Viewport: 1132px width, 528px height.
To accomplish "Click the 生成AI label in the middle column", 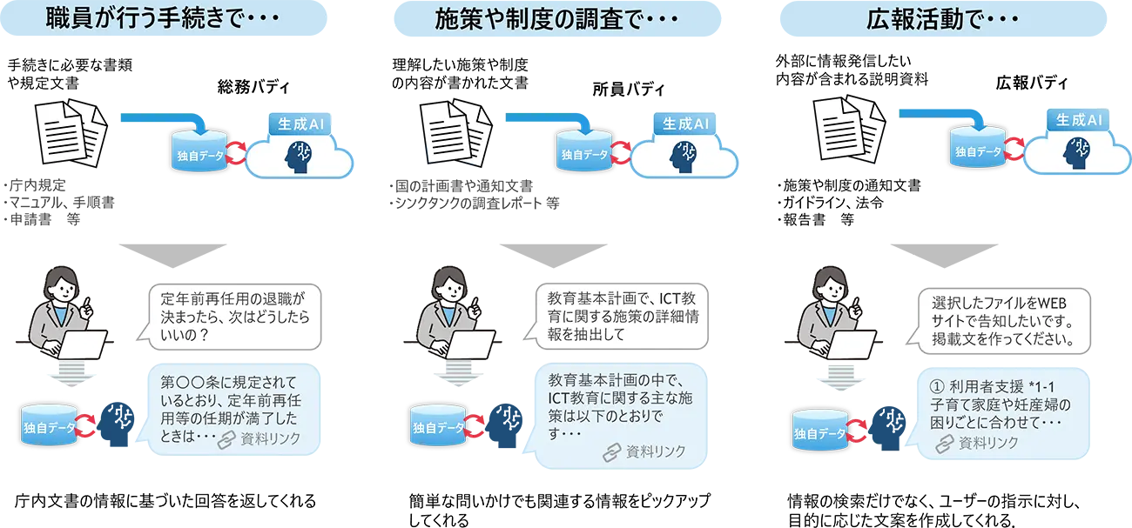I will point(684,124).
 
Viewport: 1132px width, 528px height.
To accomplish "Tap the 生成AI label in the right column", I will point(1079,120).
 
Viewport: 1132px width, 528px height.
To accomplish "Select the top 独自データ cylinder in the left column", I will point(199,152).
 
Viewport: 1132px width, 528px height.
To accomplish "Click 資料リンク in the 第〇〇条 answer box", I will point(260,439).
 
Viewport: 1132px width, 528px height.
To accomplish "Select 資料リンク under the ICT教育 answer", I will point(645,451).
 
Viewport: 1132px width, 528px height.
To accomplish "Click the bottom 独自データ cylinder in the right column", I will point(820,431).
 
